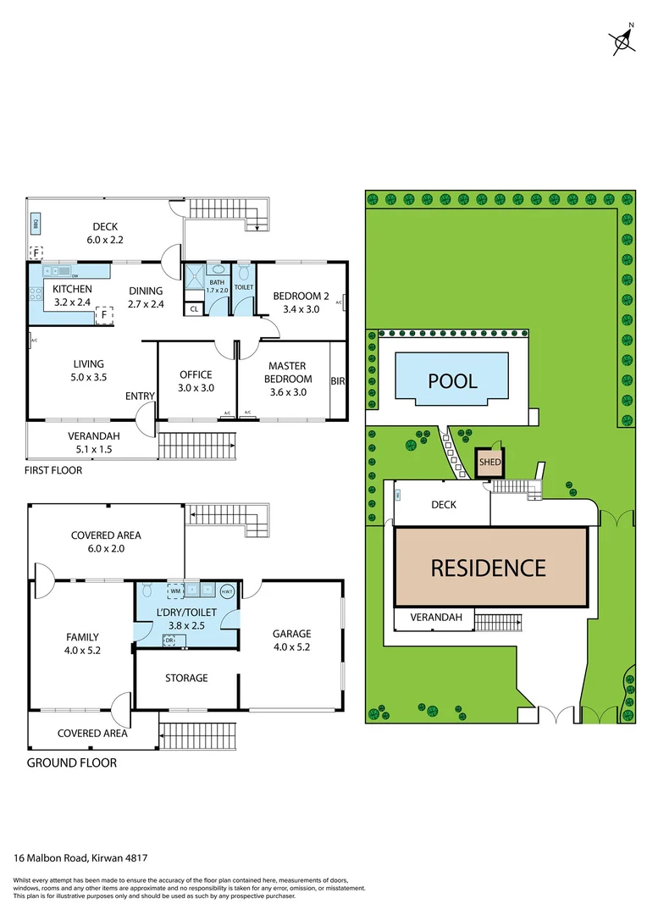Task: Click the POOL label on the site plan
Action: (452, 380)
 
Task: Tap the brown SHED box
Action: (489, 463)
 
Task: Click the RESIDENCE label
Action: (489, 567)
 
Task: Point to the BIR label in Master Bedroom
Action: (338, 381)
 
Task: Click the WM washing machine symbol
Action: (175, 591)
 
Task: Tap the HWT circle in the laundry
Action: (227, 591)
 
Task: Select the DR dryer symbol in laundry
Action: (169, 640)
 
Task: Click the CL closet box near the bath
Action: (194, 309)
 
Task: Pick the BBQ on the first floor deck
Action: (36, 225)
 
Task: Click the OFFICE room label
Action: (196, 374)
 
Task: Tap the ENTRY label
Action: (140, 396)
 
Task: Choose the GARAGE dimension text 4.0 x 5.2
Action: (291, 649)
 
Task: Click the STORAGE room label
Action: (186, 678)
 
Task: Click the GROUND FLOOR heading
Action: (72, 762)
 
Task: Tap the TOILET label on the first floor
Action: (244, 287)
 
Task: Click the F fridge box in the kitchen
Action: (104, 314)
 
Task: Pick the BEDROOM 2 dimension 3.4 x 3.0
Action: (301, 309)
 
